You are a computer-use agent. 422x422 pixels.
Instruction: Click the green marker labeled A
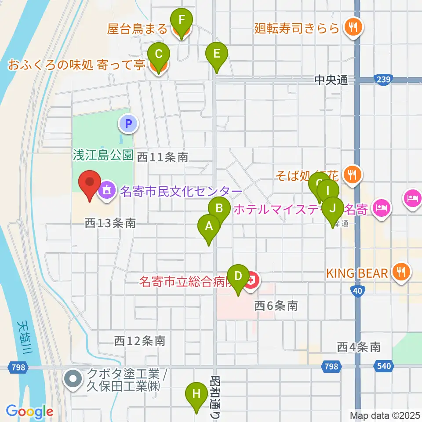pos(209,226)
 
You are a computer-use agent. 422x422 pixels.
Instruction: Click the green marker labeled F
pos(182,20)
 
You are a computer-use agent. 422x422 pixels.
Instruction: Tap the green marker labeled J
pos(333,208)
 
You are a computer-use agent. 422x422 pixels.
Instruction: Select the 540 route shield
pos(384,366)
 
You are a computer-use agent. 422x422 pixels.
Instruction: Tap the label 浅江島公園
pos(103,155)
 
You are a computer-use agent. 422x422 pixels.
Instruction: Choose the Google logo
pos(29,411)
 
